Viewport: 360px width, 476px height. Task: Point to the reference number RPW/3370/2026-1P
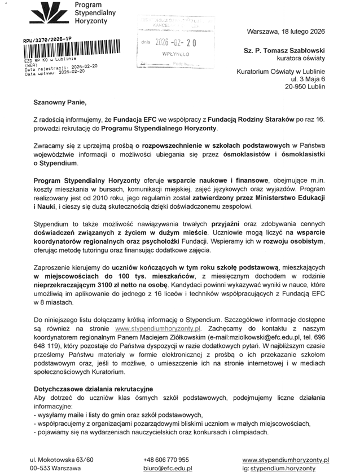pyautogui.click(x=47, y=39)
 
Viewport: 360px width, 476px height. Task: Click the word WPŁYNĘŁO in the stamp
pyautogui.click(x=175, y=55)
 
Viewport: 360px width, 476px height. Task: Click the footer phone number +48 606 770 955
pyautogui.click(x=166, y=460)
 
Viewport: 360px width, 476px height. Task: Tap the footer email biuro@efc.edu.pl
pyautogui.click(x=168, y=468)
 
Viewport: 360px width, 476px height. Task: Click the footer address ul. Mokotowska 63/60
pyautogui.click(x=62, y=460)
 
